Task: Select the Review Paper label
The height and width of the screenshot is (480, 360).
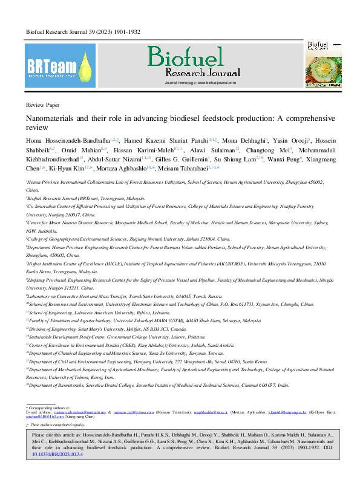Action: click(x=43, y=105)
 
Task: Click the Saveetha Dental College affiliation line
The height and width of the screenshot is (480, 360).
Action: click(x=158, y=385)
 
